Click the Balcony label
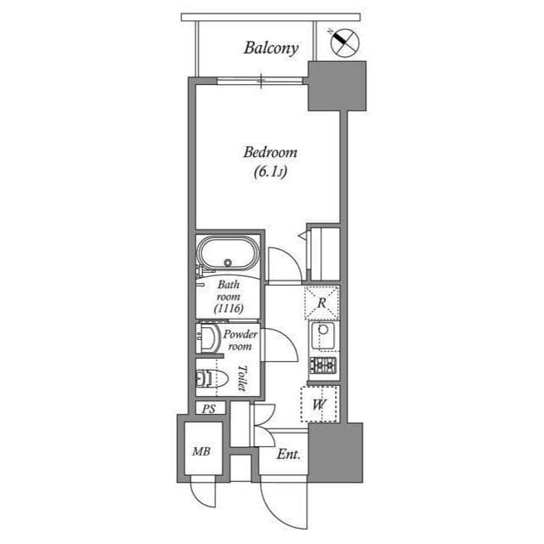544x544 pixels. [270, 48]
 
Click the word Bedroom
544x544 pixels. [269, 153]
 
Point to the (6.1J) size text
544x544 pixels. [269, 173]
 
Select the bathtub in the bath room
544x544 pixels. [226, 254]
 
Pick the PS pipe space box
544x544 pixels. [208, 409]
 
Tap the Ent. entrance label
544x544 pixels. [288, 454]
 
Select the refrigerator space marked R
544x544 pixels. [321, 302]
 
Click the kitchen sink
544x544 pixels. [323, 336]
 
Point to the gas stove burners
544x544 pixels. [323, 365]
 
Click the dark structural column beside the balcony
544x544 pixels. [336, 86]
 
